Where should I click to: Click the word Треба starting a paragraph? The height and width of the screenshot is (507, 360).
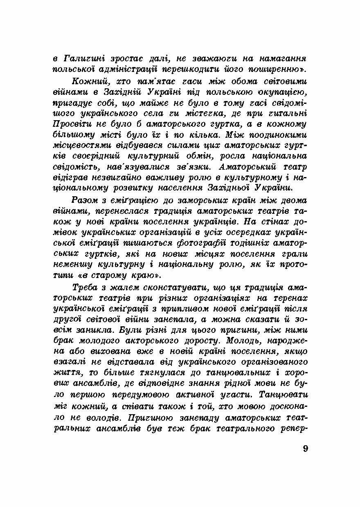[84, 287]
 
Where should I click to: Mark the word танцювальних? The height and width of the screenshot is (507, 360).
[229, 373]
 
